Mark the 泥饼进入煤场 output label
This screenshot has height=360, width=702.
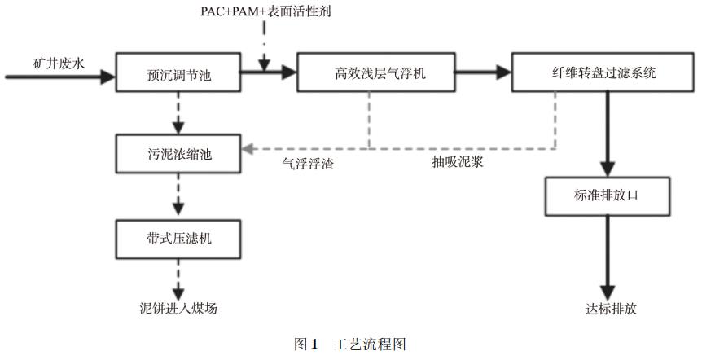point(178,309)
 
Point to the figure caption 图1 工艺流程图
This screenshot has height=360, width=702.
point(349,345)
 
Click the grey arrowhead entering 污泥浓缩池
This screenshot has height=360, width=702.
point(247,150)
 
